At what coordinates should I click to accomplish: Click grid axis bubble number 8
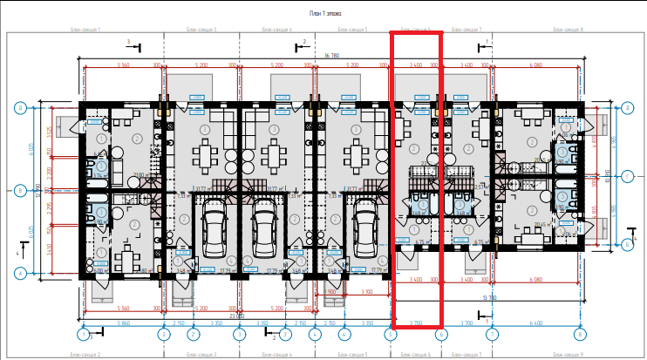pyautogui.click(x=580, y=334)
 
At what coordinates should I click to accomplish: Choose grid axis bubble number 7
pyautogui.click(x=493, y=334)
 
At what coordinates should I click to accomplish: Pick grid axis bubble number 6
pyautogui.click(x=441, y=334)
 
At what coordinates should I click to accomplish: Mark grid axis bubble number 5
pyautogui.click(x=390, y=334)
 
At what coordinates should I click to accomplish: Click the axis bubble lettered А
pyautogui.click(x=19, y=273)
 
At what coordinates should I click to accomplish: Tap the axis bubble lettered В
pyautogui.click(x=19, y=188)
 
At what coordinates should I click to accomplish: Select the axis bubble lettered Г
pyautogui.click(x=627, y=176)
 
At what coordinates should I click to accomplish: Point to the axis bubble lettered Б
pyautogui.click(x=627, y=245)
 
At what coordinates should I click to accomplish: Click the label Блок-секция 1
pyautogui.click(x=85, y=29)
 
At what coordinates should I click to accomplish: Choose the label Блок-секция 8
pyautogui.click(x=569, y=29)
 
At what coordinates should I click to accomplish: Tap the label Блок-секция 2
pyautogui.click(x=85, y=355)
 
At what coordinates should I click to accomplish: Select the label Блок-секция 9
pyautogui.click(x=569, y=355)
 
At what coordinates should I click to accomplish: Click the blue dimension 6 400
pyautogui.click(x=535, y=323)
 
